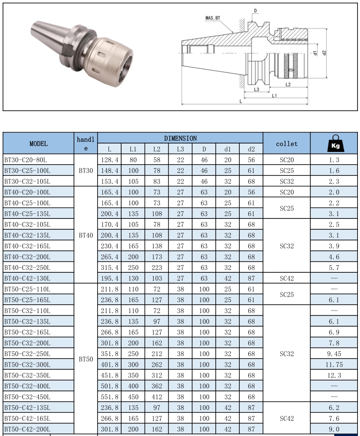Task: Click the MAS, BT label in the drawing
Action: click(x=212, y=18)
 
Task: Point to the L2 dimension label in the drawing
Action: click(x=288, y=84)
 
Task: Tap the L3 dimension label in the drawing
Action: click(x=256, y=89)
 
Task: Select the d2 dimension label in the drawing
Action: click(x=324, y=53)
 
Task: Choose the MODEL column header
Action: click(x=38, y=144)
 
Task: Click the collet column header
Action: click(x=286, y=144)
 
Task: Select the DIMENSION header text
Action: click(x=180, y=138)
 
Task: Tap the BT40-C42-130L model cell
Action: click(x=27, y=278)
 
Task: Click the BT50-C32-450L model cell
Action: click(x=27, y=396)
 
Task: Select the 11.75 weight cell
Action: click(x=334, y=364)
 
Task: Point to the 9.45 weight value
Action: click(x=334, y=354)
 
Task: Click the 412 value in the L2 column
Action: click(x=156, y=396)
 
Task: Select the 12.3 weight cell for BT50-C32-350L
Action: click(x=334, y=375)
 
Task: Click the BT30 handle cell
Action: click(x=86, y=171)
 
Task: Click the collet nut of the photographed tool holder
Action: click(x=112, y=54)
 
